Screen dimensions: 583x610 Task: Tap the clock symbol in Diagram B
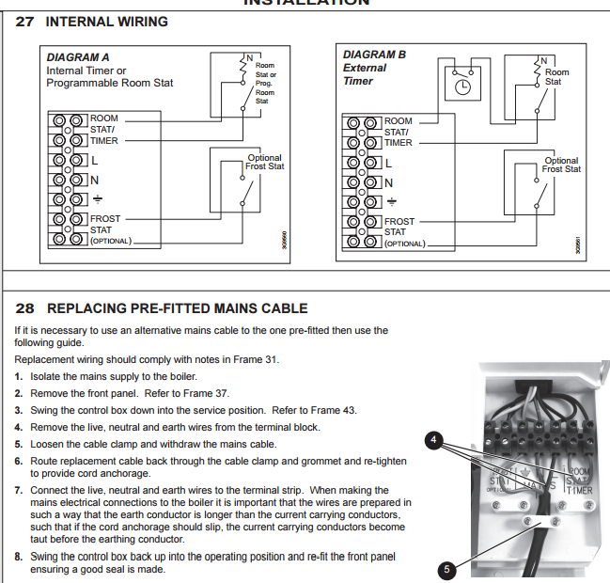point(461,87)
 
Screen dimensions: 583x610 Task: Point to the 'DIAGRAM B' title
point(375,55)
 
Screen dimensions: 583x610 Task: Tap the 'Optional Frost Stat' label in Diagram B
point(562,165)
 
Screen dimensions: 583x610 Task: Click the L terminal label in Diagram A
point(94,161)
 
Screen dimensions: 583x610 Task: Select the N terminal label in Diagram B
point(389,182)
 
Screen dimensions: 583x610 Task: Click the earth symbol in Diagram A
point(95,198)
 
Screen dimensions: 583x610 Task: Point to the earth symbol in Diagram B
point(390,201)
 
